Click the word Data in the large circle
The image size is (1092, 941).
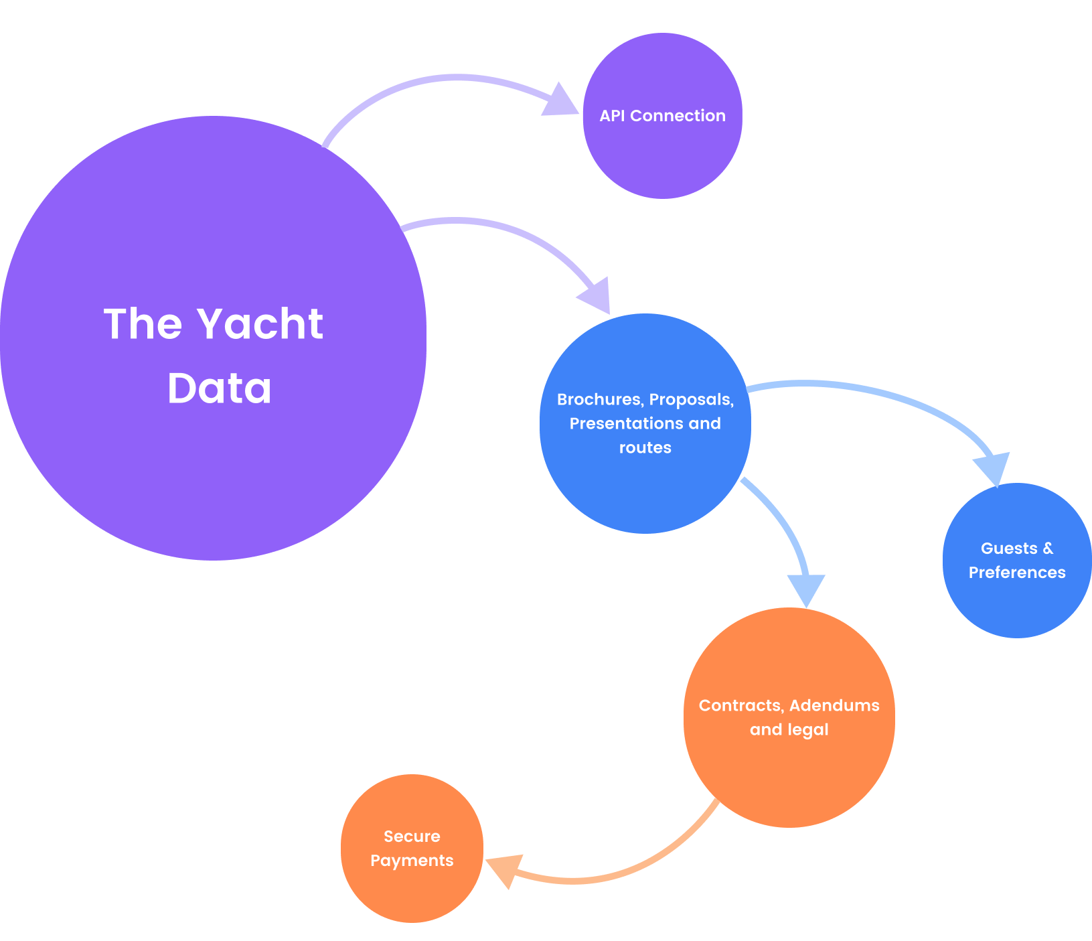click(x=220, y=388)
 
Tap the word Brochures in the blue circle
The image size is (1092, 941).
click(x=599, y=400)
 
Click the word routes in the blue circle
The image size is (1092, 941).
click(x=645, y=448)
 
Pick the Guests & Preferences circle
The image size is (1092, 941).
click(x=1017, y=603)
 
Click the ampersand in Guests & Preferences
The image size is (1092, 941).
click(x=1048, y=549)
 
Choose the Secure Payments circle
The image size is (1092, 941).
click(x=412, y=891)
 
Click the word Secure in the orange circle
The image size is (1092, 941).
click(x=412, y=837)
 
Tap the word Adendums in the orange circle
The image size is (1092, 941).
click(x=834, y=706)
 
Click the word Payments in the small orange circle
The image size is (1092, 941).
click(x=412, y=861)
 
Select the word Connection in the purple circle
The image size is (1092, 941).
click(x=678, y=116)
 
